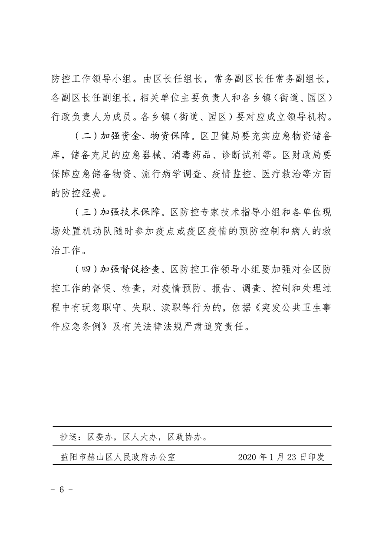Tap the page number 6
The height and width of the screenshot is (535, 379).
click(x=61, y=489)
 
